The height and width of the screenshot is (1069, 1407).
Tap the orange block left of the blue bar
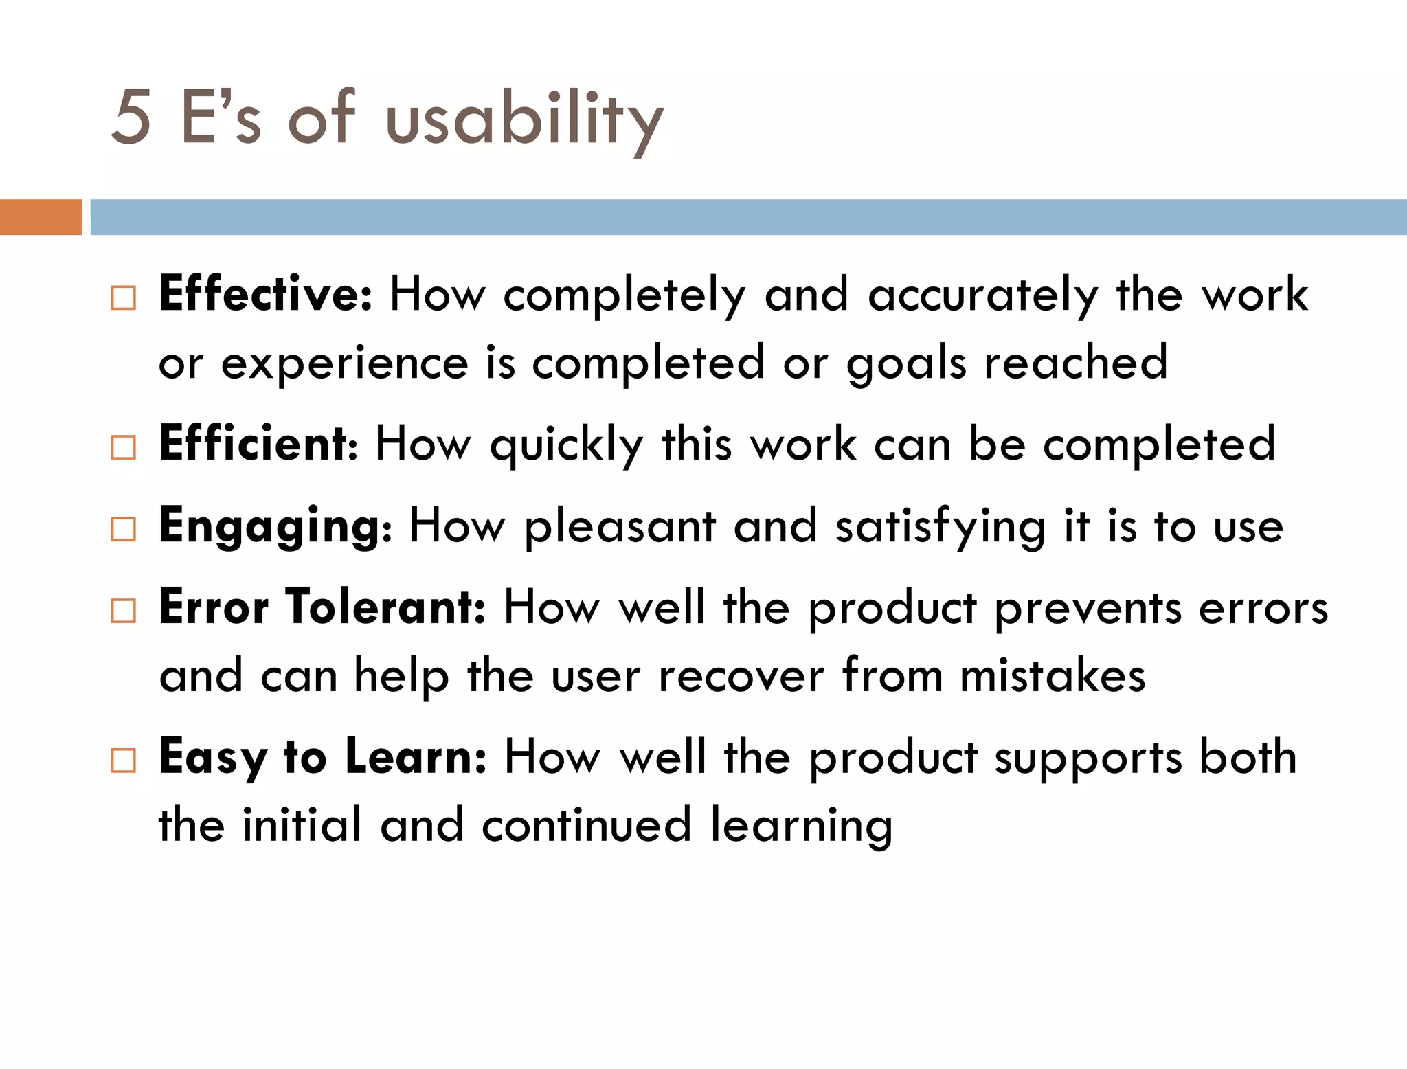point(41,217)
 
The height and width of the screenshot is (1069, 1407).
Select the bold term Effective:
point(265,293)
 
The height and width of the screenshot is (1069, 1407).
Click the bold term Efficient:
point(258,443)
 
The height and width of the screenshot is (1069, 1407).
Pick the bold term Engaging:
point(275,526)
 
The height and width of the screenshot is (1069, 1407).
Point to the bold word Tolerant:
point(385,607)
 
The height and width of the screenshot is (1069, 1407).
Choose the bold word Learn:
point(416,756)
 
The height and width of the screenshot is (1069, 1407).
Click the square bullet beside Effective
point(124,298)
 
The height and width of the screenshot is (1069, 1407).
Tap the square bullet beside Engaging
point(124,529)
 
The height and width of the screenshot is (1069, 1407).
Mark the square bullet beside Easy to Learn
point(124,761)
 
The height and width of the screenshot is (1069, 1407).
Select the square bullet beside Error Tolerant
point(124,610)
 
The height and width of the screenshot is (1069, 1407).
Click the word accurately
point(983,296)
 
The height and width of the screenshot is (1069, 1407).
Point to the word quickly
point(566,446)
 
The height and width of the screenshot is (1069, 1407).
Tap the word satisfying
point(941,528)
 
